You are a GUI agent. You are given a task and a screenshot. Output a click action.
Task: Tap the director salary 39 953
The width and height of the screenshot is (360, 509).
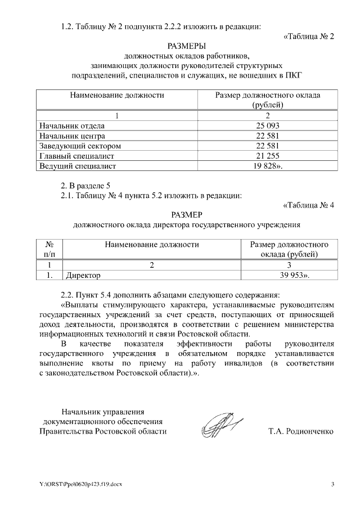point(287,275)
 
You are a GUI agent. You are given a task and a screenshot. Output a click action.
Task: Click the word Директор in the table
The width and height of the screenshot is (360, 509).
point(83,275)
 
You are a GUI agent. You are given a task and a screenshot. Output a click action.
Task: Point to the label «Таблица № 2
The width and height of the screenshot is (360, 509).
point(308,36)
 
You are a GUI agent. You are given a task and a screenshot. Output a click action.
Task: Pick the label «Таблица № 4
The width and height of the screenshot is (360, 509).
point(308,205)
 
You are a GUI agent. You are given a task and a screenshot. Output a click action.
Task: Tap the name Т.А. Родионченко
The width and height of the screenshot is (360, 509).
point(301,431)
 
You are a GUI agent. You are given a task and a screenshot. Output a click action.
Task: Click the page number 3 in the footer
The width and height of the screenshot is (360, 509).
point(332,484)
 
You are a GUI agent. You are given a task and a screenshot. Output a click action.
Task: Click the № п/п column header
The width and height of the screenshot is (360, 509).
point(49,249)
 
